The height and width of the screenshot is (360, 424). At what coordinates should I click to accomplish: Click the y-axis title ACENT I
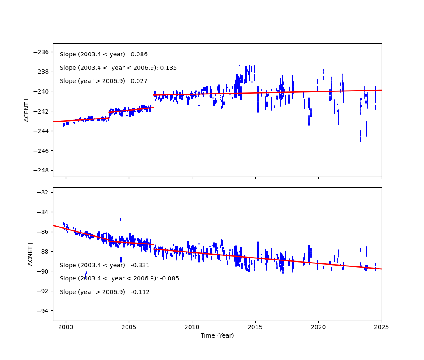click(x=26, y=110)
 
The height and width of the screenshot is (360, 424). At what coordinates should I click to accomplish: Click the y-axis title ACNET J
click(x=31, y=254)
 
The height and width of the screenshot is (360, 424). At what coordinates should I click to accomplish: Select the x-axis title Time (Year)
click(x=217, y=335)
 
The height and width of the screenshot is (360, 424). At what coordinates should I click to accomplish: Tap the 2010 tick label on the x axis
click(x=192, y=327)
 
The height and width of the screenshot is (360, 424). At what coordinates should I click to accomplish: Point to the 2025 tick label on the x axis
click(x=382, y=327)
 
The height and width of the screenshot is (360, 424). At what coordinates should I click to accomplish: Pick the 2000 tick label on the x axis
click(x=66, y=327)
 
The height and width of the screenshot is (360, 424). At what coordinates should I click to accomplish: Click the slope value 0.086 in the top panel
click(x=139, y=55)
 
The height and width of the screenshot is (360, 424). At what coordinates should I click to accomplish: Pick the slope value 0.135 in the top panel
click(x=168, y=68)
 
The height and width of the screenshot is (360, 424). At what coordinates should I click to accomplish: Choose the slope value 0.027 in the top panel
click(x=139, y=81)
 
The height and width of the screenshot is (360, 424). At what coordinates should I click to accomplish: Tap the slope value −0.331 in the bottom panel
click(x=140, y=266)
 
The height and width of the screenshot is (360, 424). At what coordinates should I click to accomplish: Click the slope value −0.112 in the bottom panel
click(x=140, y=292)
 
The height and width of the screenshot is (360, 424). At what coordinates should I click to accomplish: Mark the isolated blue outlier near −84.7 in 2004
click(x=120, y=219)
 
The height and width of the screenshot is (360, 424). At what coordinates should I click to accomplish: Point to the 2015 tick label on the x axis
click(x=255, y=327)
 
